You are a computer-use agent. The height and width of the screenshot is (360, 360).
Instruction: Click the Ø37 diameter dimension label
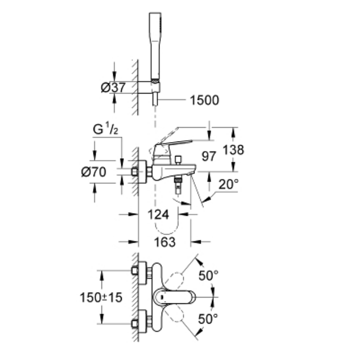tap(112, 87)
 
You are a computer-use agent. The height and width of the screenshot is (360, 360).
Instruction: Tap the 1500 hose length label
tap(200, 100)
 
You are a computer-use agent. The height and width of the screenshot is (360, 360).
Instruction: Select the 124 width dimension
tap(158, 215)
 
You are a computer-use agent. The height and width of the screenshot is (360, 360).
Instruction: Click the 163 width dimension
tap(165, 242)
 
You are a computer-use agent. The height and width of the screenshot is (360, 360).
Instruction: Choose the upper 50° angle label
tap(209, 276)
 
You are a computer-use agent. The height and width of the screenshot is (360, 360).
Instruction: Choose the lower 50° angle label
tap(209, 319)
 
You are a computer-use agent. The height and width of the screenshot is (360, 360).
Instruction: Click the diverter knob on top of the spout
tap(177, 160)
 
